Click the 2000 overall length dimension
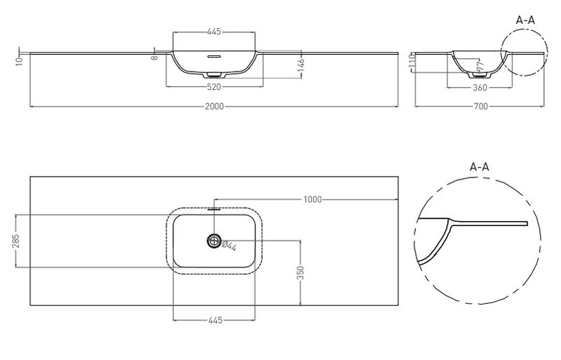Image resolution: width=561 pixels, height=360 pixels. pyautogui.click(x=215, y=106)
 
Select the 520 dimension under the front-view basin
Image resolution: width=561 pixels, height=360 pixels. pyautogui.click(x=215, y=87)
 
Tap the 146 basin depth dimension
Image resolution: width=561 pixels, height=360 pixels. pyautogui.click(x=299, y=65)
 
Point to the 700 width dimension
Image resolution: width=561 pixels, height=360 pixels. pyautogui.click(x=480, y=106)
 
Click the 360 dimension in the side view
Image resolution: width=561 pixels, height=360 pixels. pyautogui.click(x=480, y=87)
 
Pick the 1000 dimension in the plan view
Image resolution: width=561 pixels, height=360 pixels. pyautogui.click(x=312, y=199)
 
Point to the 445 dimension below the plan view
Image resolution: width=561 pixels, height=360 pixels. pyautogui.click(x=215, y=321)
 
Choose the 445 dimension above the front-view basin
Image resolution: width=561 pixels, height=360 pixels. pyautogui.click(x=215, y=32)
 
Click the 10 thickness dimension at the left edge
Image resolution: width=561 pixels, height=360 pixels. pyautogui.click(x=21, y=60)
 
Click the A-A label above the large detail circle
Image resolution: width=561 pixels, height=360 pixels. pyautogui.click(x=480, y=167)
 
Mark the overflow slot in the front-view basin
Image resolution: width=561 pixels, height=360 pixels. pyautogui.click(x=215, y=55)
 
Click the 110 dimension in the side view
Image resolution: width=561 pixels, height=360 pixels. pyautogui.click(x=414, y=65)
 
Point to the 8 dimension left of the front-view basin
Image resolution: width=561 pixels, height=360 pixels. pyautogui.click(x=155, y=58)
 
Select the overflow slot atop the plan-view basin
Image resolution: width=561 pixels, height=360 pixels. pyautogui.click(x=215, y=208)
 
